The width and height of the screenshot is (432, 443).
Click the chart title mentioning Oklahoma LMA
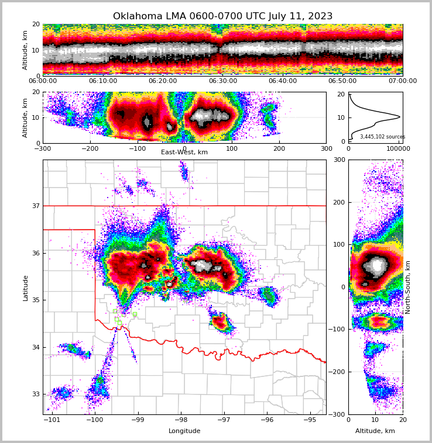tap(222, 16)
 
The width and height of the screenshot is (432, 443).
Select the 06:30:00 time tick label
tap(222, 81)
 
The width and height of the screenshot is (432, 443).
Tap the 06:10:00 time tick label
tap(102, 81)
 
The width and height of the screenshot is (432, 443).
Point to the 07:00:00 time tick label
tap(402, 81)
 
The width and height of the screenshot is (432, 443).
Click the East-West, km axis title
tap(184, 153)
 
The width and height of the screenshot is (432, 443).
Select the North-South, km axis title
tap(408, 287)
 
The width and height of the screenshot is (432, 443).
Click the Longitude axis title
tap(184, 431)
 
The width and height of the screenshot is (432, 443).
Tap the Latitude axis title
tap(26, 287)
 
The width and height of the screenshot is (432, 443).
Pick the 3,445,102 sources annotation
tap(382, 137)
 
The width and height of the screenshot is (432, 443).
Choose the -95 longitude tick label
tap(310, 420)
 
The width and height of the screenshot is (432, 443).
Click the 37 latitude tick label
tap(35, 206)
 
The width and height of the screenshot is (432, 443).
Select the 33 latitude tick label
tap(35, 394)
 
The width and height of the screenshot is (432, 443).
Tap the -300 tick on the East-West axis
tap(43, 148)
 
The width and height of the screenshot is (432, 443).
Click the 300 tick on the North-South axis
tap(340, 160)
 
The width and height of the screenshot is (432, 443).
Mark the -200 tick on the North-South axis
tap(337, 372)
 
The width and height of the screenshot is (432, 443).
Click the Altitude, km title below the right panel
tap(375, 431)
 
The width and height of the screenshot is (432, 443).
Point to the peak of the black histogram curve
tap(400, 117)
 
